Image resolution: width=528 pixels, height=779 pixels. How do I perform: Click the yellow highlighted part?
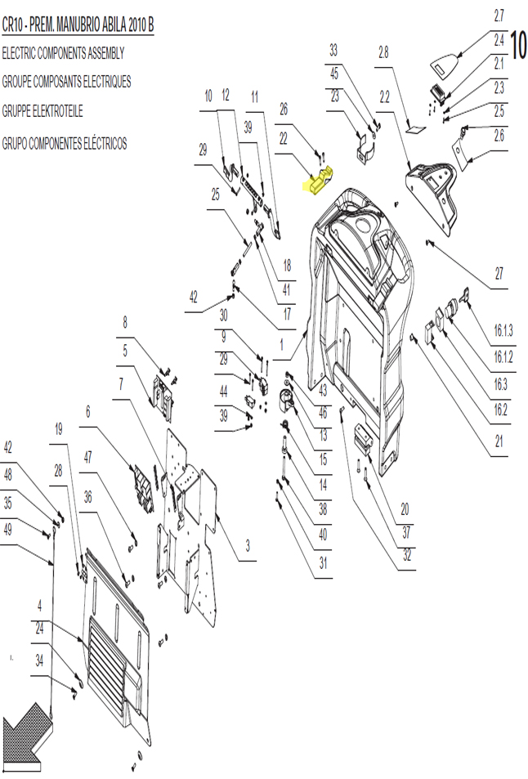(319, 182)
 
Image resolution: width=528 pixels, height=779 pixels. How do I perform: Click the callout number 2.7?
(499, 16)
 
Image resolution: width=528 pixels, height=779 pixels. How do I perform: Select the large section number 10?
(518, 45)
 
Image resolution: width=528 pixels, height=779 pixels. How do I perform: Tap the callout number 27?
(499, 273)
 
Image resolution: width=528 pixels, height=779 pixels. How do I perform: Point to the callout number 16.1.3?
(503, 330)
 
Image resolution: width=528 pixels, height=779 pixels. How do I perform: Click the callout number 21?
(499, 441)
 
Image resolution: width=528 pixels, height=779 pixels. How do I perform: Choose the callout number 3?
(248, 546)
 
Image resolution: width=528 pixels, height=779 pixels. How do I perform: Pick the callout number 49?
(7, 531)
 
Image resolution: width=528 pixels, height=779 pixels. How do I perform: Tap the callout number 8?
(125, 322)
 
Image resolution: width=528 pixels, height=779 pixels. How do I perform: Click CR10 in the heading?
(12, 25)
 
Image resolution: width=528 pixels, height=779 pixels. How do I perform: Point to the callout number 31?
(323, 563)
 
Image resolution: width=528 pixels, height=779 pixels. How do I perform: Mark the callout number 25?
(215, 195)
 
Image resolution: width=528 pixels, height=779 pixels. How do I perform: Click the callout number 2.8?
(383, 52)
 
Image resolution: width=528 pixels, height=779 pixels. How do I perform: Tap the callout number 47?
(88, 458)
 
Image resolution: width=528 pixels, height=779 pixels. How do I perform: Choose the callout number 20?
(405, 508)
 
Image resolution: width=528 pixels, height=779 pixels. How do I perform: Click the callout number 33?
(333, 50)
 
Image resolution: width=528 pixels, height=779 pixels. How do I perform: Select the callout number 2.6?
(499, 135)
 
